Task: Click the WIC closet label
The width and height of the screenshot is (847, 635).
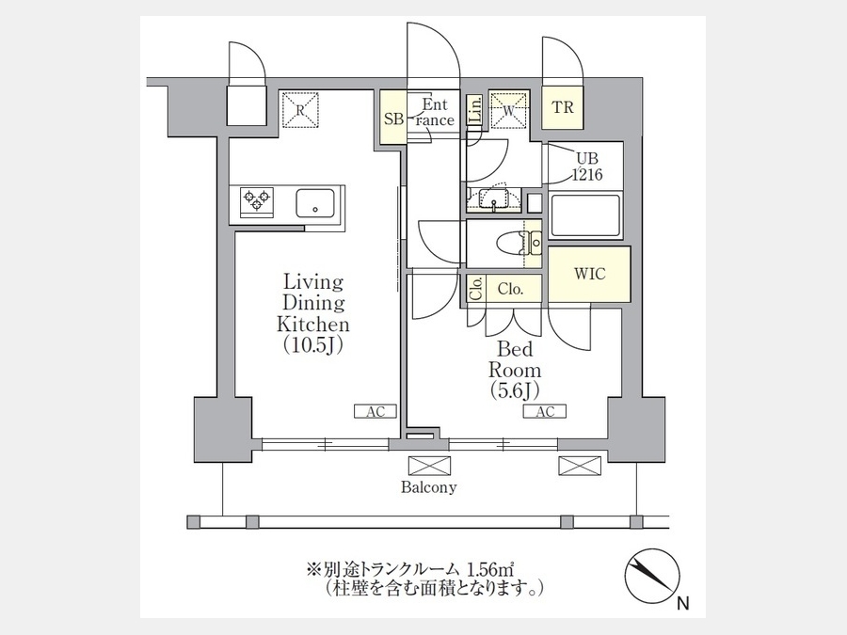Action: (x=589, y=273)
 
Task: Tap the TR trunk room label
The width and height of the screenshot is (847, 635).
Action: (x=563, y=107)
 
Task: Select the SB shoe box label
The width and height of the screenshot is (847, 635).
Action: (x=393, y=119)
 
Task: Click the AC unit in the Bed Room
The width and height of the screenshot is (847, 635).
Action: (x=545, y=411)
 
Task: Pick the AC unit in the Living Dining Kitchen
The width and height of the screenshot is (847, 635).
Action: (x=376, y=411)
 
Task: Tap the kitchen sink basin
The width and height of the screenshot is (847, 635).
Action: (x=315, y=203)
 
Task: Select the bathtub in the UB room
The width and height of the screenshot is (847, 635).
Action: (x=585, y=216)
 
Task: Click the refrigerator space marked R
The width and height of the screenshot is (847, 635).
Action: (x=301, y=110)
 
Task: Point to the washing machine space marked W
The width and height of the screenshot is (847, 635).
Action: (x=509, y=110)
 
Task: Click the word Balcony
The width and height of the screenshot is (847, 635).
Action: (x=429, y=487)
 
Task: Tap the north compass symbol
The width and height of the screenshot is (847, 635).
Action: (x=652, y=576)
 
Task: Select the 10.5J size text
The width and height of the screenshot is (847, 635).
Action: (x=313, y=345)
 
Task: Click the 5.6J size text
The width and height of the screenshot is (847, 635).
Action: (x=515, y=389)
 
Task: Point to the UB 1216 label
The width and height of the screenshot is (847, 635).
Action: (x=587, y=167)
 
